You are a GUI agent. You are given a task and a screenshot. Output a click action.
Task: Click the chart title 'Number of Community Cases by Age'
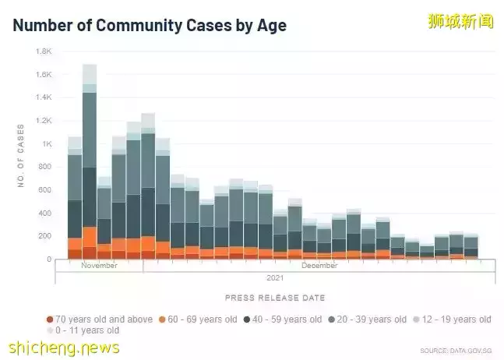point(150,25)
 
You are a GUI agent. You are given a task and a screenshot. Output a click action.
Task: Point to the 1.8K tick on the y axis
point(44,51)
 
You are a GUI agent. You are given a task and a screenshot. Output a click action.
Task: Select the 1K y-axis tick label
point(47,144)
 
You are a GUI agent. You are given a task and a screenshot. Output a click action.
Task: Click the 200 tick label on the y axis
point(45,236)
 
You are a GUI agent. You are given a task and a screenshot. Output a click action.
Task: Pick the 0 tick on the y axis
point(49,259)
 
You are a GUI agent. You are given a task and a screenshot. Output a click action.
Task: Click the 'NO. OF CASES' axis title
point(21,155)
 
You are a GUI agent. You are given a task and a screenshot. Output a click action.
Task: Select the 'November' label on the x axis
point(99,266)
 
